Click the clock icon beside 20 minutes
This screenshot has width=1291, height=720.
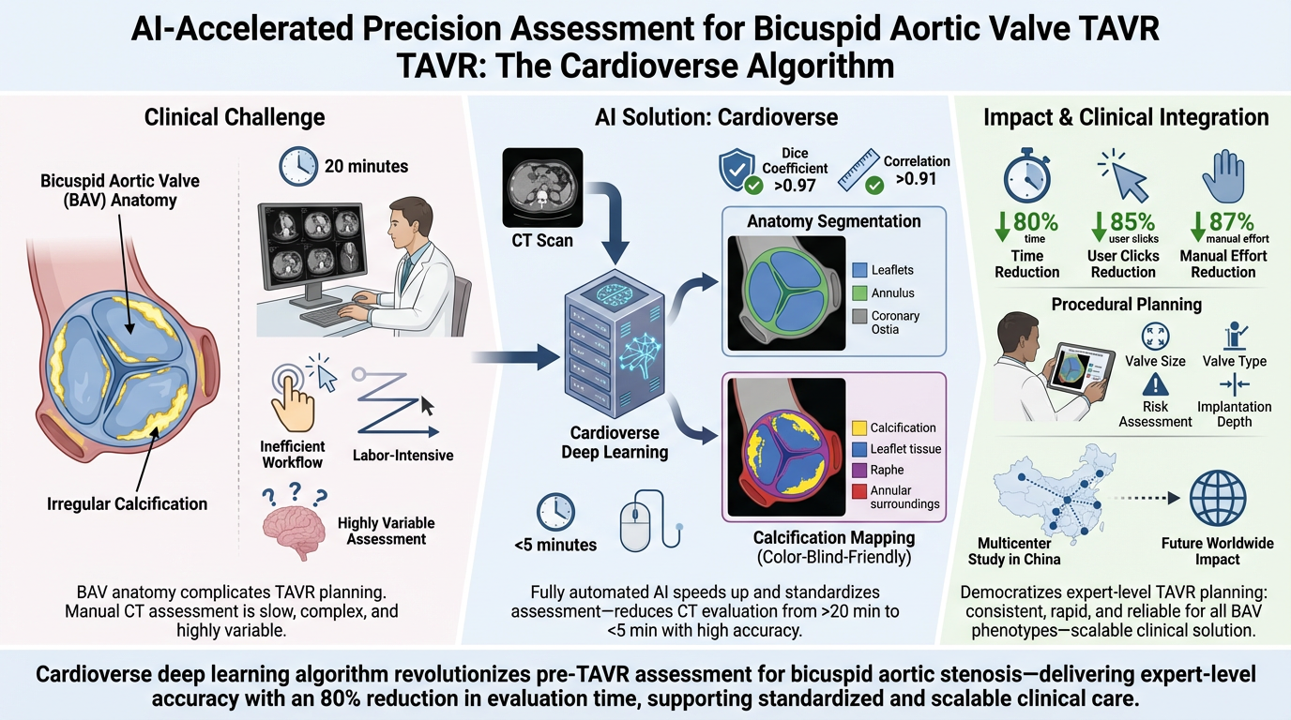[x=298, y=166]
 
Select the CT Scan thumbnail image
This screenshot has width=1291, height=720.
[x=540, y=184]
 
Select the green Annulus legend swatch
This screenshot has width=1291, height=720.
[x=859, y=293]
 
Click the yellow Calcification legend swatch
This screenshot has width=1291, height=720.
[x=859, y=427]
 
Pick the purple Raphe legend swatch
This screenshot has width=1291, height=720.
[x=859, y=471]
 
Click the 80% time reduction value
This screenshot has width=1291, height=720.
[x=1036, y=223]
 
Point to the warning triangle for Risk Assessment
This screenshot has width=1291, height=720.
[x=1155, y=384]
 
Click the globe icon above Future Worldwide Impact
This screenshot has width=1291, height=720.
[x=1218, y=501]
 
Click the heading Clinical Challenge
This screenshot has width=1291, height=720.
[x=235, y=117]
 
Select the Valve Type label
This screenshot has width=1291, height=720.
[x=1234, y=361]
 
